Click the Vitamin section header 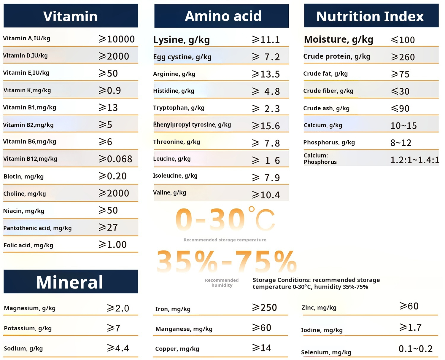point(71,16)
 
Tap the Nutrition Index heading point(371,16)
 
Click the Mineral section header point(71,282)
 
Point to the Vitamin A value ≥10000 point(117,39)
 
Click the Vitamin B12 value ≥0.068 point(115,159)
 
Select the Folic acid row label point(28,245)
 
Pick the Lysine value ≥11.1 point(266,40)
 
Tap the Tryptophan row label point(179,108)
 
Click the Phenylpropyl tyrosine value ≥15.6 point(266,126)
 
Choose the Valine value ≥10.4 point(266,195)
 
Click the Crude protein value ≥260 point(403,57)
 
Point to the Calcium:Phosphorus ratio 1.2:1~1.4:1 point(415,160)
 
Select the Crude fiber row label point(328,91)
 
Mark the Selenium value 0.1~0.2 point(416,349)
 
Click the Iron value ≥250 point(264,308)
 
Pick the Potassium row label point(28,328)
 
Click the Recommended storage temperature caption point(225,240)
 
